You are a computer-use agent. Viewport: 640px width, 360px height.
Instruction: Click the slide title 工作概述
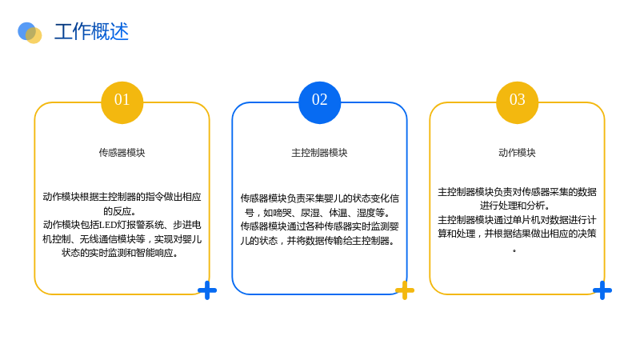pos(91,32)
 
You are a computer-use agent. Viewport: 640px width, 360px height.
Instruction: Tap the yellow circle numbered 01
pos(122,102)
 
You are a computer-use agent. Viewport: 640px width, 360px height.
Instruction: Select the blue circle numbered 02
pos(319,102)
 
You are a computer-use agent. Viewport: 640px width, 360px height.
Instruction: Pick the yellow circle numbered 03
pos(517,102)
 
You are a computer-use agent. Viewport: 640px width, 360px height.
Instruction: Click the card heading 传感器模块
pos(122,153)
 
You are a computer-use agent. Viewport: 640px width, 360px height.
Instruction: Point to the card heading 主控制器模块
pos(319,153)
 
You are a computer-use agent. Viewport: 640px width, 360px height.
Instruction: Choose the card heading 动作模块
pos(517,153)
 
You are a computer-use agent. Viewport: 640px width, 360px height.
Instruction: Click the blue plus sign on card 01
pos(207,290)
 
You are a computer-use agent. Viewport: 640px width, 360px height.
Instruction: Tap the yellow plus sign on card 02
pos(405,290)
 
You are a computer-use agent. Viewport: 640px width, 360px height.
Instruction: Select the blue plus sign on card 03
pos(602,290)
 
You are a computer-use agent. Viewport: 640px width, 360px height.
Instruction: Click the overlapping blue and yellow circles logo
pos(30,33)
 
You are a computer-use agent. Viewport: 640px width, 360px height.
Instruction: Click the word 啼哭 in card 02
pos(282,213)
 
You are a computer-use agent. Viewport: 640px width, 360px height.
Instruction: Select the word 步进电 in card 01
pos(187,225)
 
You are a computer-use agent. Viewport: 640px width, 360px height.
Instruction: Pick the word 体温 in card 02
pos(338,213)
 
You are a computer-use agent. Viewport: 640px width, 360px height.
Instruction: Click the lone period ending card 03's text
pos(514,250)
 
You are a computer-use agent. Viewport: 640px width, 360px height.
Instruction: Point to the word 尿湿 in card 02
pos(310,213)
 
